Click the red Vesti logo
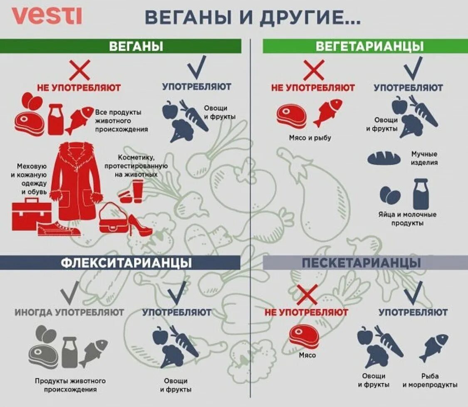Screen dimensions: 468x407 (x=47, y=16)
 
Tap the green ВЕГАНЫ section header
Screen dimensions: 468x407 (x=136, y=46)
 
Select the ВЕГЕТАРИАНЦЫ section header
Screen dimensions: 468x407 (x=369, y=46)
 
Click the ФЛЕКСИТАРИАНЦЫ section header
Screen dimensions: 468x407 (x=126, y=263)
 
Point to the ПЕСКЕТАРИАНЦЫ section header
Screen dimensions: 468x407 (x=361, y=263)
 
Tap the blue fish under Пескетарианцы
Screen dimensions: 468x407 (x=433, y=346)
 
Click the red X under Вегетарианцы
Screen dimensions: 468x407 (x=313, y=70)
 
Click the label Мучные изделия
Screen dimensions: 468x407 (x=424, y=158)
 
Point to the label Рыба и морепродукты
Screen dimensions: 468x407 (x=430, y=381)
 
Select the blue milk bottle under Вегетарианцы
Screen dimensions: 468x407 (x=421, y=194)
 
